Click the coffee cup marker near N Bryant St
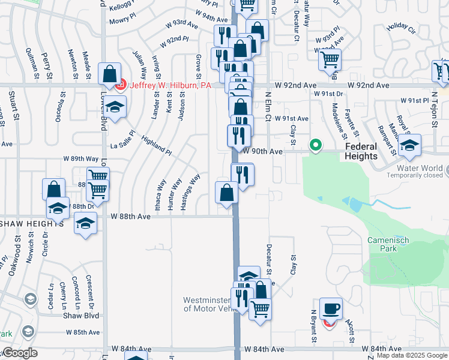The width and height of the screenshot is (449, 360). pos(331,308)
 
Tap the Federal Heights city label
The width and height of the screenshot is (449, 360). pos(361,151)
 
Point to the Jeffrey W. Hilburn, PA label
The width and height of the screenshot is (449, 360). pos(171,85)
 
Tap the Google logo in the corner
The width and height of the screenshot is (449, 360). pos(20,353)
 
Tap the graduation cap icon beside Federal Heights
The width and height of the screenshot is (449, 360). pos(410,145)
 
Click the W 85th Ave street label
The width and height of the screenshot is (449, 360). pos(83,332)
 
